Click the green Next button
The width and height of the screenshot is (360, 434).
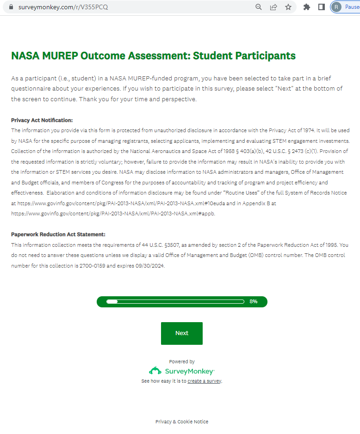pyautogui.click(x=181, y=333)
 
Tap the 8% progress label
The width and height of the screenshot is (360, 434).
pyautogui.click(x=253, y=301)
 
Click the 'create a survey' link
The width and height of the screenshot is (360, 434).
pyautogui.click(x=205, y=381)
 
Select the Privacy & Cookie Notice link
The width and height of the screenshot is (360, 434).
pyautogui.click(x=182, y=422)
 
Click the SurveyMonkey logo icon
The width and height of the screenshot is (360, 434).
pyautogui.click(x=155, y=371)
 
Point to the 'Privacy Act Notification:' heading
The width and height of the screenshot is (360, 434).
pyautogui.click(x=42, y=120)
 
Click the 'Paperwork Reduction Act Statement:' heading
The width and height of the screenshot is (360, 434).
pyautogui.click(x=58, y=234)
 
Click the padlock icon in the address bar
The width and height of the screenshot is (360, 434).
pyautogui.click(x=12, y=7)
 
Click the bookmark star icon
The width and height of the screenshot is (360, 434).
pyautogui.click(x=288, y=7)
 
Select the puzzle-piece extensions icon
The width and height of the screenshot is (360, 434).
pyautogui.click(x=306, y=7)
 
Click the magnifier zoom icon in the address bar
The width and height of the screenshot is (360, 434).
pyautogui.click(x=259, y=7)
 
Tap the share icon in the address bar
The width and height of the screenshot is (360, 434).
pyautogui.click(x=273, y=7)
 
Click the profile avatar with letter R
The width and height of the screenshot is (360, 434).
pyautogui.click(x=336, y=7)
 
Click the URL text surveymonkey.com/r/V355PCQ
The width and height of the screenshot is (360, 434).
pyautogui.click(x=63, y=7)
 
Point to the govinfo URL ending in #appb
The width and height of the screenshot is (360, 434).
pyautogui.click(x=113, y=214)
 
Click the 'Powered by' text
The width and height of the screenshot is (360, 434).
pyautogui.click(x=182, y=361)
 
